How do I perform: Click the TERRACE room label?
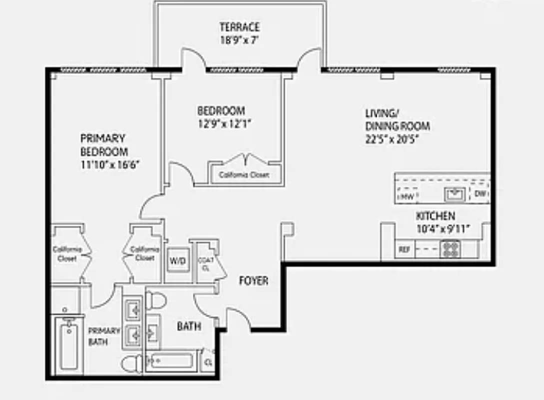(239, 27)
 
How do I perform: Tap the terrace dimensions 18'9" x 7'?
(239, 40)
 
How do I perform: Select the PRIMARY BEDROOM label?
(104, 144)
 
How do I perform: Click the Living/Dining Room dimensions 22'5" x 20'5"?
(391, 139)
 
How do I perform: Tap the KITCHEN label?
(436, 216)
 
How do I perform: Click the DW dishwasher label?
(480, 194)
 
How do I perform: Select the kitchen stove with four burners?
(450, 249)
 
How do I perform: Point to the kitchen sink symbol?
(455, 193)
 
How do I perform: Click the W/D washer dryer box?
(177, 260)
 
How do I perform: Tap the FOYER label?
(253, 281)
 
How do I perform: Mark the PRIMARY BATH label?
(104, 336)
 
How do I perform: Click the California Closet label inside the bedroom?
(244, 175)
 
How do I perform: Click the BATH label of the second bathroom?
(189, 326)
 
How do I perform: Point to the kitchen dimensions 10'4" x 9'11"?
(436, 229)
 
